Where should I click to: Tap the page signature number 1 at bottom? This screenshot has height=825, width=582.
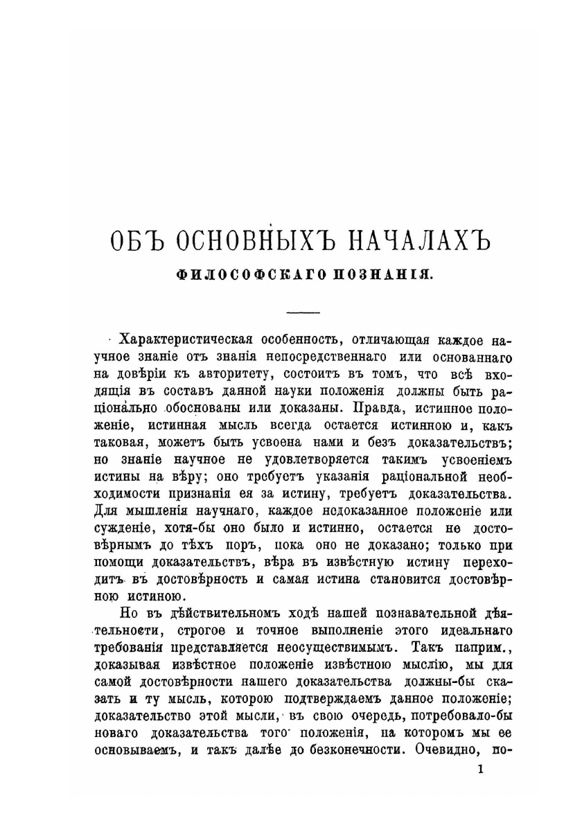[482, 769]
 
